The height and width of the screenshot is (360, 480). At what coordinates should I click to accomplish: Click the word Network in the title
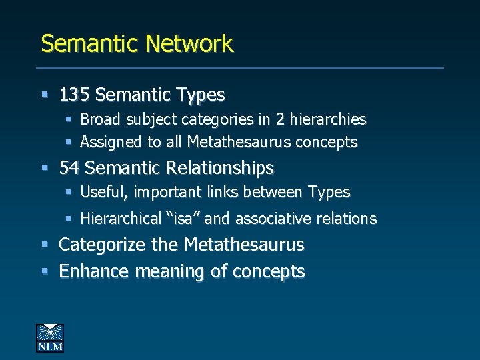tap(189, 44)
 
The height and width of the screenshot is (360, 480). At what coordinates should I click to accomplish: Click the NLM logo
tap(50, 337)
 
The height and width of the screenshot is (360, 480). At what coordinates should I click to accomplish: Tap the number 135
tap(75, 95)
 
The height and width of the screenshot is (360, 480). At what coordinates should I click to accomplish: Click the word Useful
tap(104, 192)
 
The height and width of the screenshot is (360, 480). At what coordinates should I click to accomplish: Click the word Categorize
tap(103, 245)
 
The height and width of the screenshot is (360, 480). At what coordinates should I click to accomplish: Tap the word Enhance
tap(94, 272)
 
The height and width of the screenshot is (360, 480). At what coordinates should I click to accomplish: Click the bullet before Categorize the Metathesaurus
tap(45, 245)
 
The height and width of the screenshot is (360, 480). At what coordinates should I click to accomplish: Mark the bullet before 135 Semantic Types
tap(45, 95)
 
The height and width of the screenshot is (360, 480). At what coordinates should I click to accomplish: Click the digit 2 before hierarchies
tap(281, 120)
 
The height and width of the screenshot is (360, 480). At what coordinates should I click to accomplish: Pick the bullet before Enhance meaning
tap(45, 271)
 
